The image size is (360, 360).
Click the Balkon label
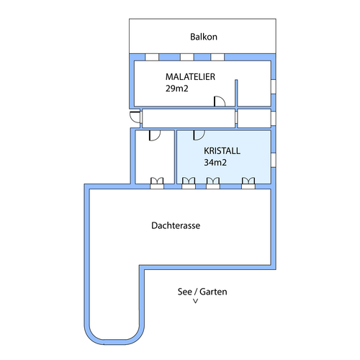tap(204, 37)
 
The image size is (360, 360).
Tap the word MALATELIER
tap(190, 77)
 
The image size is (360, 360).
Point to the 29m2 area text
tap(176, 89)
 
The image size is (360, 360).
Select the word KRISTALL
tap(222, 150)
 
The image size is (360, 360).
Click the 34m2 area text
tap(215, 163)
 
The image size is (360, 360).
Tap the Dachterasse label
tap(176, 225)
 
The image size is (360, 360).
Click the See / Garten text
tap(202, 292)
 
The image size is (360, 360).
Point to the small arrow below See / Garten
tap(196, 301)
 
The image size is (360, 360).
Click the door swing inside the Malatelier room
tap(220, 101)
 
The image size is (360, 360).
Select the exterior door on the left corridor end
tap(135, 117)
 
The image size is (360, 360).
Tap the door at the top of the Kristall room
tap(199, 135)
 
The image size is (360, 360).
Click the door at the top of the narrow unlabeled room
tap(155, 135)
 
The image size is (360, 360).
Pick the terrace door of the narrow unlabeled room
tap(157, 183)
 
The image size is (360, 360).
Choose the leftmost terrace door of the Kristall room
tap(189, 183)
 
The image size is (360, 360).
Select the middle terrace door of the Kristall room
tap(213, 183)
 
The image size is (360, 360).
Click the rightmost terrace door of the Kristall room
tap(248, 183)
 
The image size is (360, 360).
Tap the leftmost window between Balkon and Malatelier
tap(152, 57)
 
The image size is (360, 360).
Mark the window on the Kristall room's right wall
tap(274, 160)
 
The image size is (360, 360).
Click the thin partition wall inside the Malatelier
tap(236, 93)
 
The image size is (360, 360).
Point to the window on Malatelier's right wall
tap(274, 86)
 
